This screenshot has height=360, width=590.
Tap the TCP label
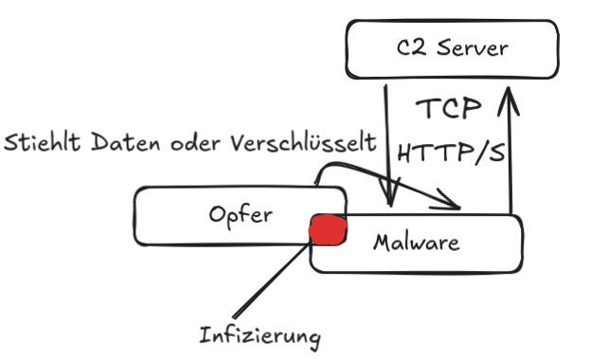tap(451, 109)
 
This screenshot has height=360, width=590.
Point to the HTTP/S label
tap(450, 152)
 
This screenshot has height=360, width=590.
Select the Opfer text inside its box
tap(241, 215)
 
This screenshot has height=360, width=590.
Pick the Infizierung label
tap(260, 335)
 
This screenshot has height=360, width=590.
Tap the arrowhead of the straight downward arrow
tap(388, 198)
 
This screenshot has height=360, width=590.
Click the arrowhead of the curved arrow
tap(453, 201)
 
